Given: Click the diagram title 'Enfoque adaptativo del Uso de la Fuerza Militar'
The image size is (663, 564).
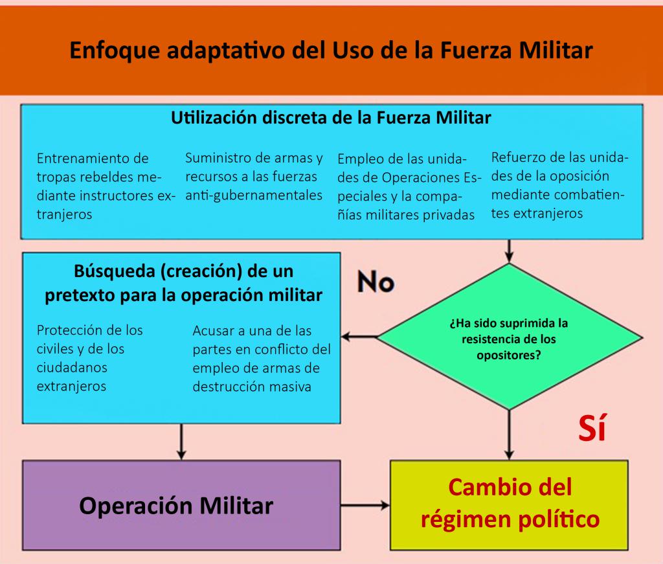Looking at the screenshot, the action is coord(331,50).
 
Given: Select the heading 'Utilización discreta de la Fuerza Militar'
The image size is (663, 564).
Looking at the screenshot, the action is coord(331,118).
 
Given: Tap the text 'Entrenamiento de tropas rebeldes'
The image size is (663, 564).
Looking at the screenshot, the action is coord(106,186).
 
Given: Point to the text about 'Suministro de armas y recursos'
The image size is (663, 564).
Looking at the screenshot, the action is coord(254,176).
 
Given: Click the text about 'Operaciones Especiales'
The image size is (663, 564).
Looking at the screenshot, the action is coord(409,186).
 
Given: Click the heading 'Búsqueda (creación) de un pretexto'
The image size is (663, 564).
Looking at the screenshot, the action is coord(183,283).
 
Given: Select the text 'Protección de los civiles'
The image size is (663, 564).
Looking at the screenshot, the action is coord(89,357).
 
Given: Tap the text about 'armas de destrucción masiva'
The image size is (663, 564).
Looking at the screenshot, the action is coord(262,359).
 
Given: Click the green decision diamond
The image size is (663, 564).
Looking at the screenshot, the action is coord(509,337).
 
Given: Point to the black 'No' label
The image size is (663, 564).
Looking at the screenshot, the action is coord(376,282).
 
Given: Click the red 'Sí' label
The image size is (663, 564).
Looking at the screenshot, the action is coord(592,428).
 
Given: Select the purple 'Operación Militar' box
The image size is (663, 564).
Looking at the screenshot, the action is coord(181,505).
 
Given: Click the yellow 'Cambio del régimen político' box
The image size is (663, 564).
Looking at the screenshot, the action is coord(509,505).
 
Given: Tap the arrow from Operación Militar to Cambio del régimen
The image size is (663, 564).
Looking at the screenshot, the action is coord(365,505).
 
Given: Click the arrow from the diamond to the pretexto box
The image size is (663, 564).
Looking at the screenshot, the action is coord(359,337).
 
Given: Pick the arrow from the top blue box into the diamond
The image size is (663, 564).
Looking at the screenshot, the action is coord(509,251).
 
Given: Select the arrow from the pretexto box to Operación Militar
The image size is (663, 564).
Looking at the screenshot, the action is coord(181,442).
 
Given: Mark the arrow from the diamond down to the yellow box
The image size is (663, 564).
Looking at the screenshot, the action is coord(509,435).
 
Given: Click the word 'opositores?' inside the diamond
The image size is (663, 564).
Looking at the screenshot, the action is coord(509,355).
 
